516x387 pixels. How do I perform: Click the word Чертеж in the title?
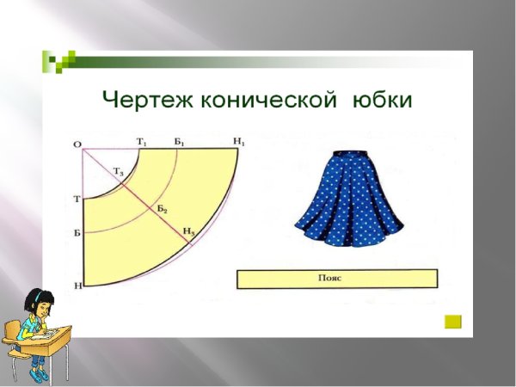[x=147, y=101]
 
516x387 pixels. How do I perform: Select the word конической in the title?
[x=268, y=101]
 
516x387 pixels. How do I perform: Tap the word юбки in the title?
[x=382, y=101]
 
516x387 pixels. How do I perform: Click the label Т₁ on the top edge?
[x=141, y=140]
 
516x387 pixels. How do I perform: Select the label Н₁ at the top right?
[x=239, y=140]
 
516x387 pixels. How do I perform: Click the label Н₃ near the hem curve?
[x=188, y=232]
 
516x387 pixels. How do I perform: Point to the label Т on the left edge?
[x=77, y=200]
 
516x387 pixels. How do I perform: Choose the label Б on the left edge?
[x=77, y=233]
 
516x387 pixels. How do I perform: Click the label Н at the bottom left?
[x=77, y=285]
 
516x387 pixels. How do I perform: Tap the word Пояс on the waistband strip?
[x=336, y=279]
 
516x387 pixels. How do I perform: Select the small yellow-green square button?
[x=452, y=322]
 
